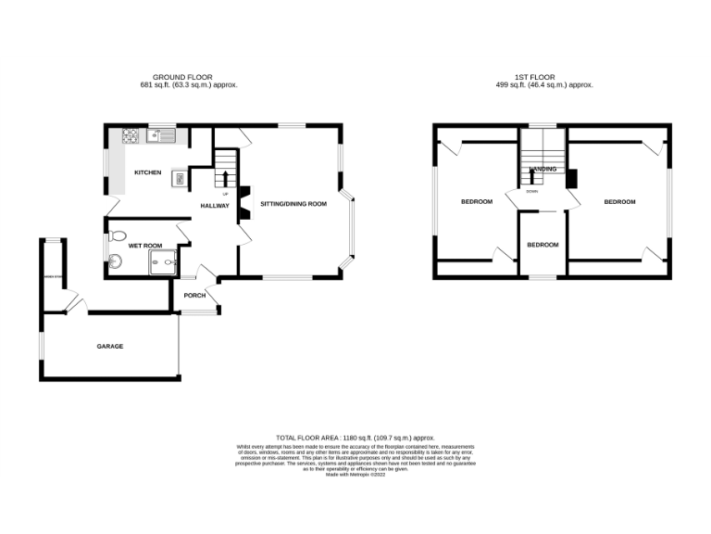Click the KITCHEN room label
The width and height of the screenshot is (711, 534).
point(147,172)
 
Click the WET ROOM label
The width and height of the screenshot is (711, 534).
point(145,246)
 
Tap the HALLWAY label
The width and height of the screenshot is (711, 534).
point(216,206)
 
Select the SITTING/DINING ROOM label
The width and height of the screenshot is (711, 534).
point(293,203)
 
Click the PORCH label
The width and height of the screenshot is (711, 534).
point(194,296)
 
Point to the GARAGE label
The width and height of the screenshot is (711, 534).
point(110,346)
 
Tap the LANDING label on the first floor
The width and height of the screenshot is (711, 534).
point(543,170)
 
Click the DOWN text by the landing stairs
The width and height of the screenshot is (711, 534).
point(531,191)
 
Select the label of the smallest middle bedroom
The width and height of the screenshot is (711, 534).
point(543,245)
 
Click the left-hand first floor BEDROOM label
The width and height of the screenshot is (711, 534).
point(477,201)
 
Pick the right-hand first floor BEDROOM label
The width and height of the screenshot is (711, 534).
point(619,201)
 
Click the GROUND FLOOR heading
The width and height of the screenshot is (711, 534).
point(181,77)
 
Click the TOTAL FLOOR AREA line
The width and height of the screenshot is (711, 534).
point(355,437)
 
